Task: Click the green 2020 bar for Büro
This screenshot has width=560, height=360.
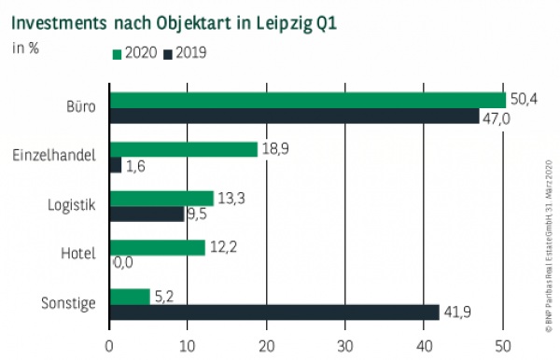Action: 307,100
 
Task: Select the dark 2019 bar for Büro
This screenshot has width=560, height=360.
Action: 294,116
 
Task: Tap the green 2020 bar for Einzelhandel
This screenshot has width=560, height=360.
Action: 184,149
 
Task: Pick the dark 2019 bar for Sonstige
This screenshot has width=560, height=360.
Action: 274,312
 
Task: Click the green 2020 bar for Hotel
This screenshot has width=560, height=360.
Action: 157,247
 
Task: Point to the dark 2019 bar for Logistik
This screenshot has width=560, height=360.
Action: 147,214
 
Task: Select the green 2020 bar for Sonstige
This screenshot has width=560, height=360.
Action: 130,297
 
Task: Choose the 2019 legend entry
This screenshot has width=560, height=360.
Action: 185,53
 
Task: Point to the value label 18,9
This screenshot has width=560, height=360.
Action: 275,148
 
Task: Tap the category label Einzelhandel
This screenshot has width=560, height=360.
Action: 56,156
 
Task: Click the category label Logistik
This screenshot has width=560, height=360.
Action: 71,205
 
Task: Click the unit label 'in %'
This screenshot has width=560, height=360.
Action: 25,48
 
